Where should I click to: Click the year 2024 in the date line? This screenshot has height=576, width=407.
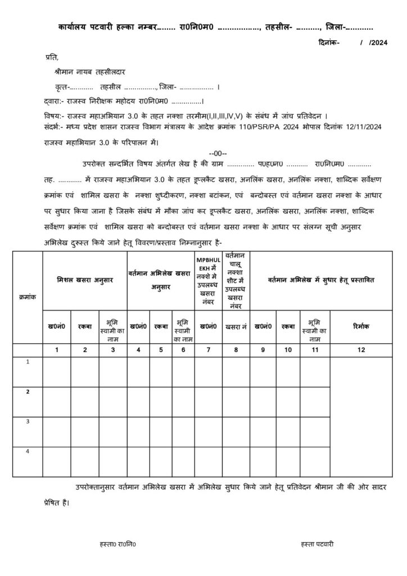point(379,42)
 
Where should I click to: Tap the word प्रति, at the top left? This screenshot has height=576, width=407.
point(51,57)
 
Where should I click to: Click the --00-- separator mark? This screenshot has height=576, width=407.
point(218,152)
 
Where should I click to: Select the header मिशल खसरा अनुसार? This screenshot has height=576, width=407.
point(84,280)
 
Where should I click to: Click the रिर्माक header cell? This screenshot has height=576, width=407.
point(360,326)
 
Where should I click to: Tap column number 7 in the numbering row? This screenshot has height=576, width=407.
point(209,350)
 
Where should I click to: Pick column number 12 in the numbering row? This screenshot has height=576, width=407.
point(360,350)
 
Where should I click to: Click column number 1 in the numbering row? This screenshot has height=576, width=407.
point(57,350)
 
